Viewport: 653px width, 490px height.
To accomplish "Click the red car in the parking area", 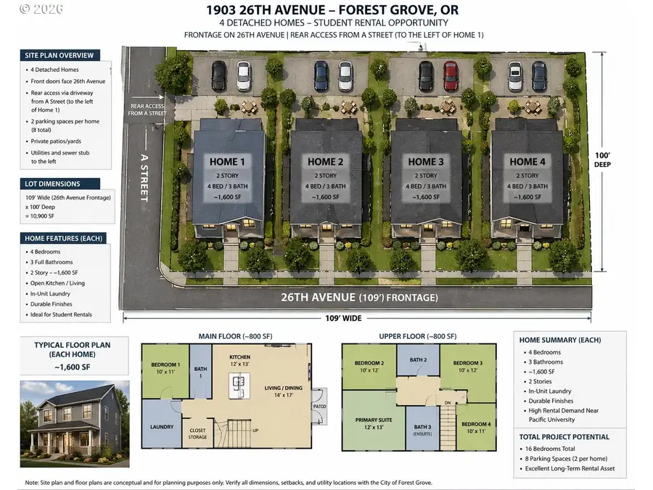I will (x=451, y=75).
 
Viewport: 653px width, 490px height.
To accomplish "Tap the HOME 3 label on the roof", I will (x=426, y=161).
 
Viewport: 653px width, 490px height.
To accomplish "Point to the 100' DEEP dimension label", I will (x=602, y=160).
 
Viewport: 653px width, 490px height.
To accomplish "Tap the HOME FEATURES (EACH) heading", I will (x=64, y=238).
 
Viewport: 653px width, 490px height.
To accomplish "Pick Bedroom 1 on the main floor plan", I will (x=165, y=367).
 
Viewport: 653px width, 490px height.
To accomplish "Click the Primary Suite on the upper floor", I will (x=374, y=422).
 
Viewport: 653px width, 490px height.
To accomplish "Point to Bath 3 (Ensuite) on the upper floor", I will (x=422, y=429).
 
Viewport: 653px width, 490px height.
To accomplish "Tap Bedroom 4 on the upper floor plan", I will (x=475, y=427).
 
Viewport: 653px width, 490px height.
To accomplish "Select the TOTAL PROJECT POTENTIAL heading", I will (x=564, y=437).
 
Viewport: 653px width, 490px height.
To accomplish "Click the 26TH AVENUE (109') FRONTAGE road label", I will (x=359, y=298).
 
